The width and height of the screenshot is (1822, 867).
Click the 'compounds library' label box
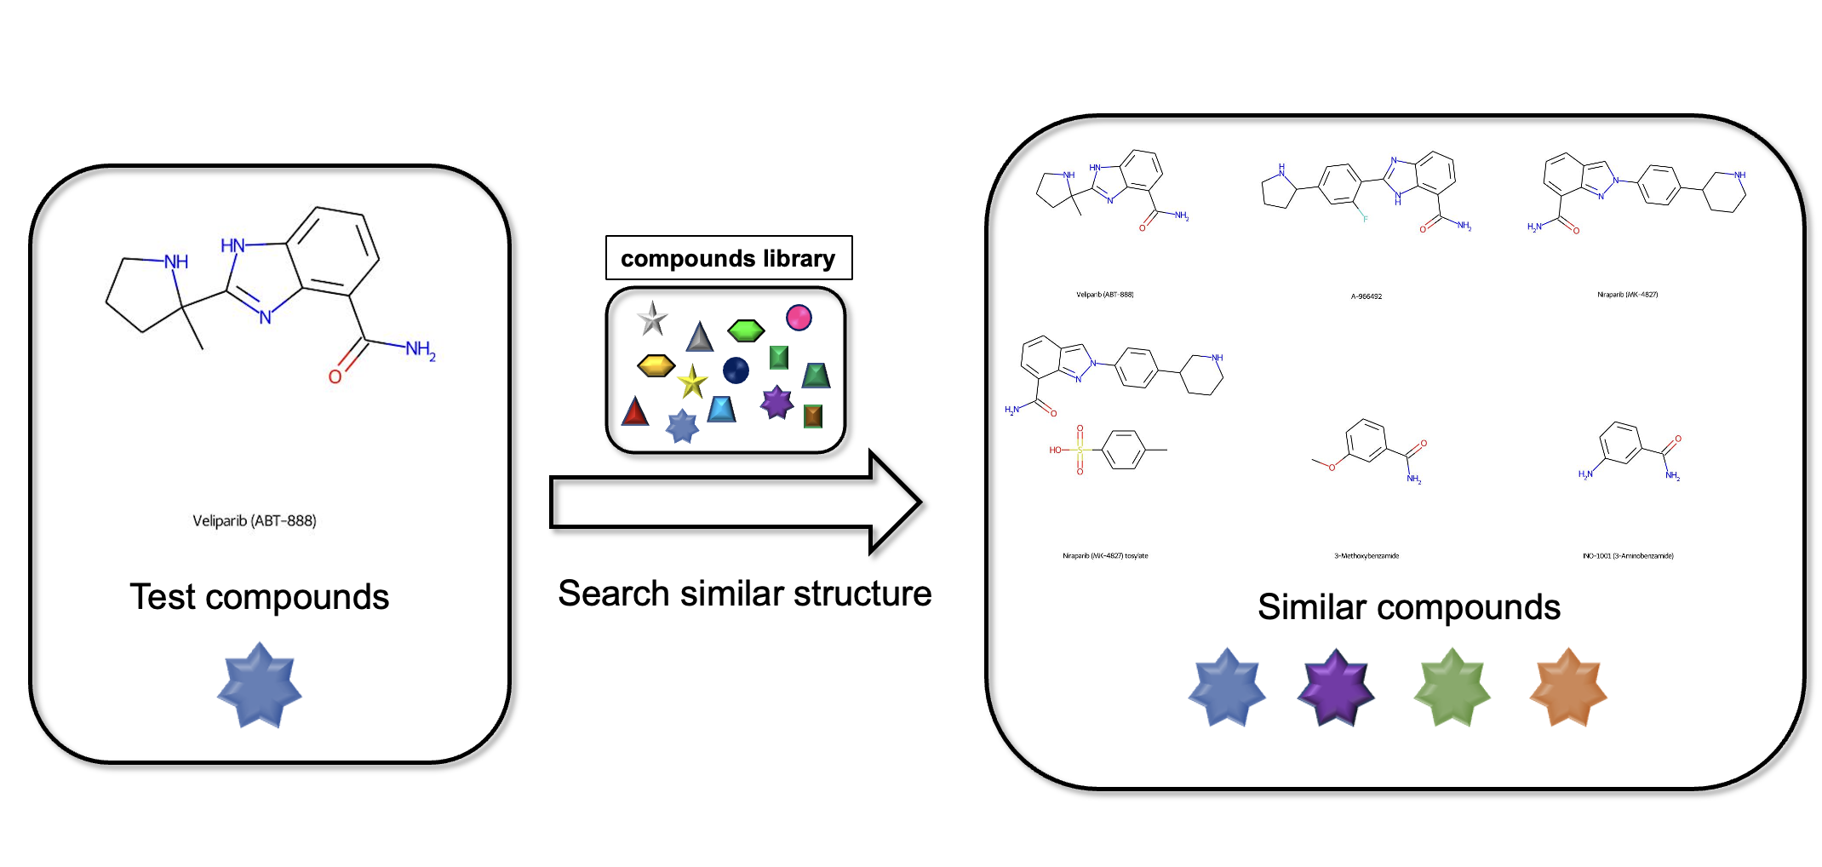coord(728,258)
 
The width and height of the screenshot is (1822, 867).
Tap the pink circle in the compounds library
coord(799,318)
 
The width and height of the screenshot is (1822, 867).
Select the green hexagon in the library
coord(746,330)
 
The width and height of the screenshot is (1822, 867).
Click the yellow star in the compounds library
coord(692,382)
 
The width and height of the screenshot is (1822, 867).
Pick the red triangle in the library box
coord(634,412)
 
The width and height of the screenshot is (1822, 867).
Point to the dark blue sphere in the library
coord(736,370)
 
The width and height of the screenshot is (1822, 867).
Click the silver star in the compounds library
coord(652,319)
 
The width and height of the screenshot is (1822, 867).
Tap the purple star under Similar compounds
coord(1335,688)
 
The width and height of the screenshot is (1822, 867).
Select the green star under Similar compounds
coord(1452,688)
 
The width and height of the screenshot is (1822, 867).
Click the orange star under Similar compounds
coord(1567,688)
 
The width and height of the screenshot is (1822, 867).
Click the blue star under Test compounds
coord(260,686)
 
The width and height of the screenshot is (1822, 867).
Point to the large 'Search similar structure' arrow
coord(732,502)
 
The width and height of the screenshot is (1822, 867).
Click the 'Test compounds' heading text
coord(260,597)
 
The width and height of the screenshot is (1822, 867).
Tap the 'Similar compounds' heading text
coord(1409,607)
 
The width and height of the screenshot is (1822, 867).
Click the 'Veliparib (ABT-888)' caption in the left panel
coord(255,520)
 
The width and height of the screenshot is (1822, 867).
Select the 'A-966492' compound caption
coord(1366,296)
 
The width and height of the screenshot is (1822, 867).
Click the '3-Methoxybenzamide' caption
coord(1366,556)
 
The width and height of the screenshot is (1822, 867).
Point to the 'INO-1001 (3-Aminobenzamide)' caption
coord(1628,556)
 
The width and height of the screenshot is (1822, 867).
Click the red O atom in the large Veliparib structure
coord(335,376)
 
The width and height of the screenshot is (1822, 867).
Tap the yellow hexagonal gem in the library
coord(656,366)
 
